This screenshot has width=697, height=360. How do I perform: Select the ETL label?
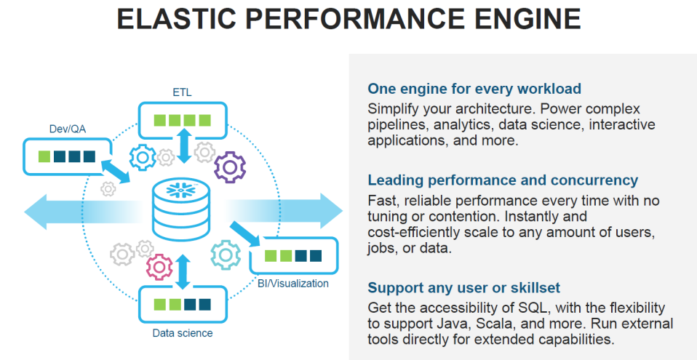tap(182, 92)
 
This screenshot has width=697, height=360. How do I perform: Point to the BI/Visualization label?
tap(293, 283)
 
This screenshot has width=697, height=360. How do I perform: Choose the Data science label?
tap(183, 333)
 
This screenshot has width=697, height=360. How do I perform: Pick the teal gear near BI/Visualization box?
tap(226, 255)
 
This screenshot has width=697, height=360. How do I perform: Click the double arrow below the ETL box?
tap(183, 146)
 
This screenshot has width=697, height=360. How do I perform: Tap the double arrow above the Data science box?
tap(183, 270)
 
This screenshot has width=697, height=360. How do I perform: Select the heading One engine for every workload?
tap(474, 89)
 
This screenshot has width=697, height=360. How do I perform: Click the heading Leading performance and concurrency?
tap(503, 180)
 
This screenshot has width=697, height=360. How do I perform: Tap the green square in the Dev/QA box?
tap(44, 156)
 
